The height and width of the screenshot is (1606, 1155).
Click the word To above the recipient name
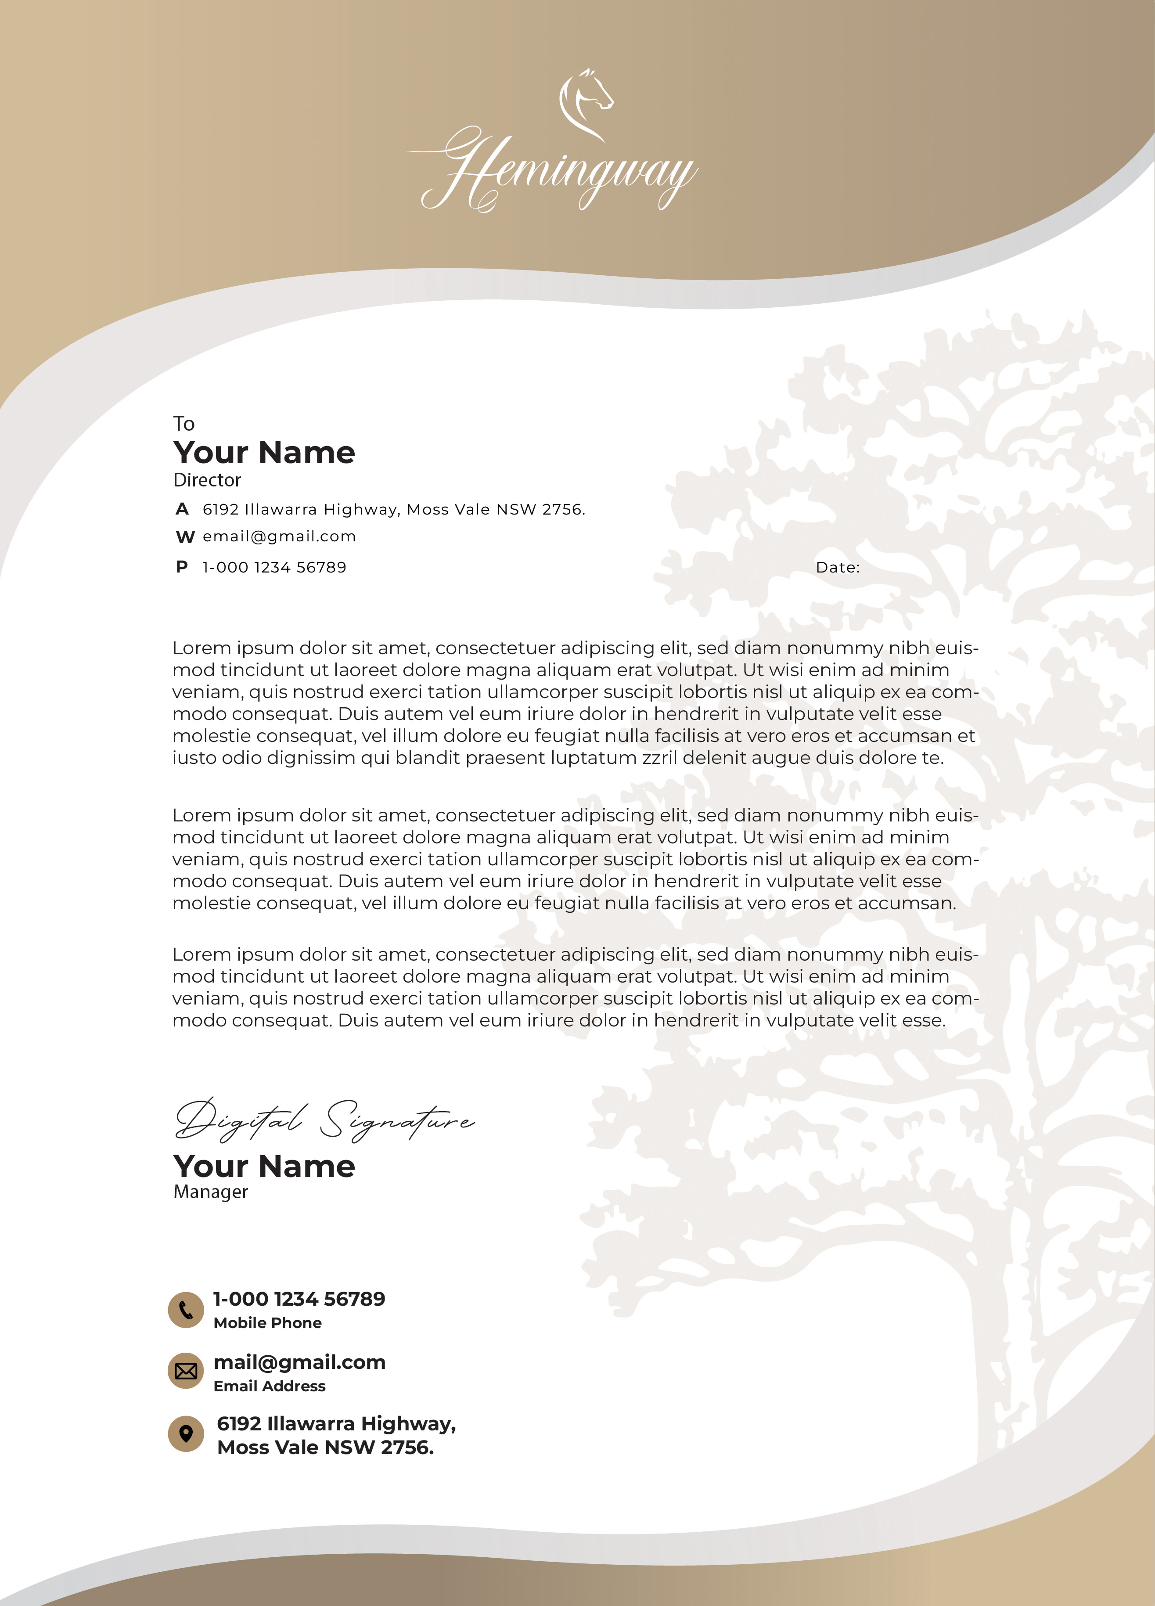click(184, 423)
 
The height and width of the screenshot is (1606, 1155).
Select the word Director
click(207, 480)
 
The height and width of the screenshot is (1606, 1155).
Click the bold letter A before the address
click(182, 509)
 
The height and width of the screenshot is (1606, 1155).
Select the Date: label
click(838, 567)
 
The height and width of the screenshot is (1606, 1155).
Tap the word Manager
click(210, 1192)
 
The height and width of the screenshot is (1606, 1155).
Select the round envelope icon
click(186, 1372)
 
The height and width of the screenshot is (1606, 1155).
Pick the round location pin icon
click(186, 1434)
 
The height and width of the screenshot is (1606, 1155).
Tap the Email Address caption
click(269, 1386)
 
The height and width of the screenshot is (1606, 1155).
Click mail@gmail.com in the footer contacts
click(299, 1362)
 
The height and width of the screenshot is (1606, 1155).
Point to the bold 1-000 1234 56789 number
click(299, 1299)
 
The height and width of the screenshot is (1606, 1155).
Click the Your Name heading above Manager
click(264, 1166)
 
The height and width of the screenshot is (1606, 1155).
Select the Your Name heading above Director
click(264, 453)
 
